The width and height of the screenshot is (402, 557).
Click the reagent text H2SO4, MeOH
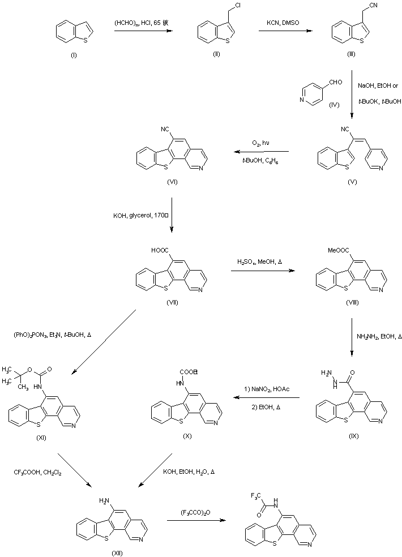(x=257, y=261)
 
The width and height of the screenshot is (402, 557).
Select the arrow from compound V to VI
(x=263, y=151)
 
